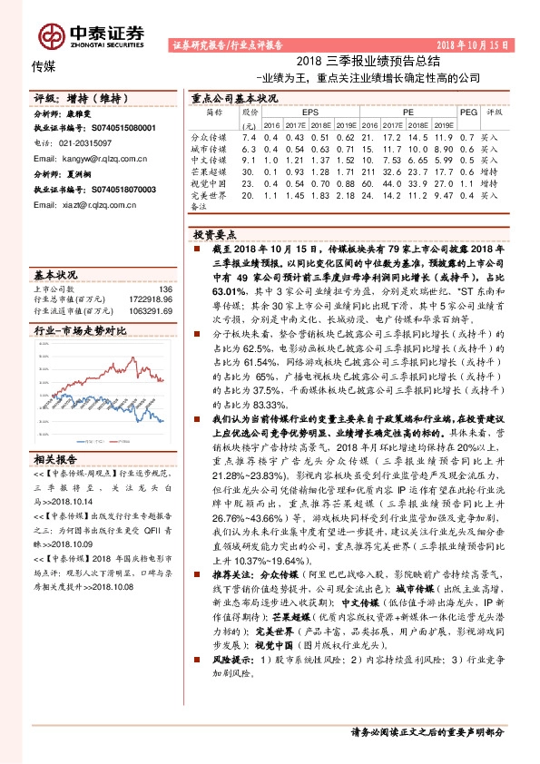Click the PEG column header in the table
[x=467, y=112]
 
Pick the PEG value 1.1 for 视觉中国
[x=466, y=183]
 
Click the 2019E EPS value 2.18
[x=345, y=195]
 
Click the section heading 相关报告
[x=55, y=458]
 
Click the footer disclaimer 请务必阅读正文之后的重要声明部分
[x=427, y=731]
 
